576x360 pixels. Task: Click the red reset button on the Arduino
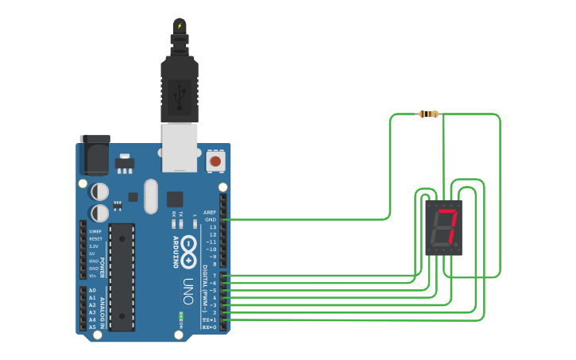(x=215, y=161)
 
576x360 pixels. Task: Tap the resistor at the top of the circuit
(x=428, y=114)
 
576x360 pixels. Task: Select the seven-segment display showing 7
(x=443, y=227)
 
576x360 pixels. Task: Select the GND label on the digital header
(x=211, y=219)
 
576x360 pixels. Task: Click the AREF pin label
(x=210, y=212)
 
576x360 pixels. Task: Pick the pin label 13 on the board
(x=212, y=227)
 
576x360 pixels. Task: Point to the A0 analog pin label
(x=92, y=290)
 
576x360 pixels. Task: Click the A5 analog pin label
(x=92, y=327)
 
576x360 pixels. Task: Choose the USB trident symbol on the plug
(x=180, y=96)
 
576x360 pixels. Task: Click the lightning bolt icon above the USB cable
(x=180, y=25)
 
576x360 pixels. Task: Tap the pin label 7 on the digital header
(x=214, y=276)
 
